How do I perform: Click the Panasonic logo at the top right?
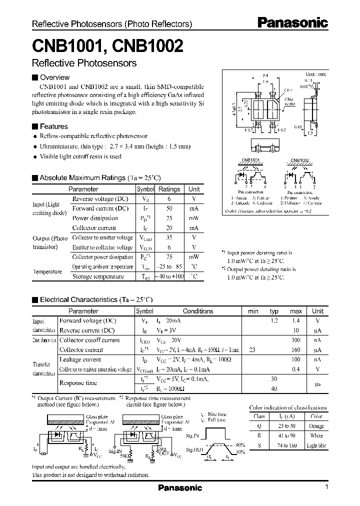(292, 23)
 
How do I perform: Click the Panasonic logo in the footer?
(180, 487)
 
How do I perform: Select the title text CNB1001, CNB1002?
(107, 46)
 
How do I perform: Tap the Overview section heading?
(54, 77)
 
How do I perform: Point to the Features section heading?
(53, 126)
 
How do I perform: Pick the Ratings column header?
(169, 189)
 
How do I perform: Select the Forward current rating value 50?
(169, 208)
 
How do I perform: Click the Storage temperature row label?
(98, 276)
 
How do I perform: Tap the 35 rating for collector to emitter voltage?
(169, 237)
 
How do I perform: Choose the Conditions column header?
(197, 311)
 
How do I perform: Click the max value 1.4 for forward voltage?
(296, 320)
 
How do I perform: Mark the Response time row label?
(78, 383)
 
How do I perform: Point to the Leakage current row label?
(80, 359)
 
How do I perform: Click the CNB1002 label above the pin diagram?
(299, 160)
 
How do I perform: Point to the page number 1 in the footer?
(326, 487)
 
